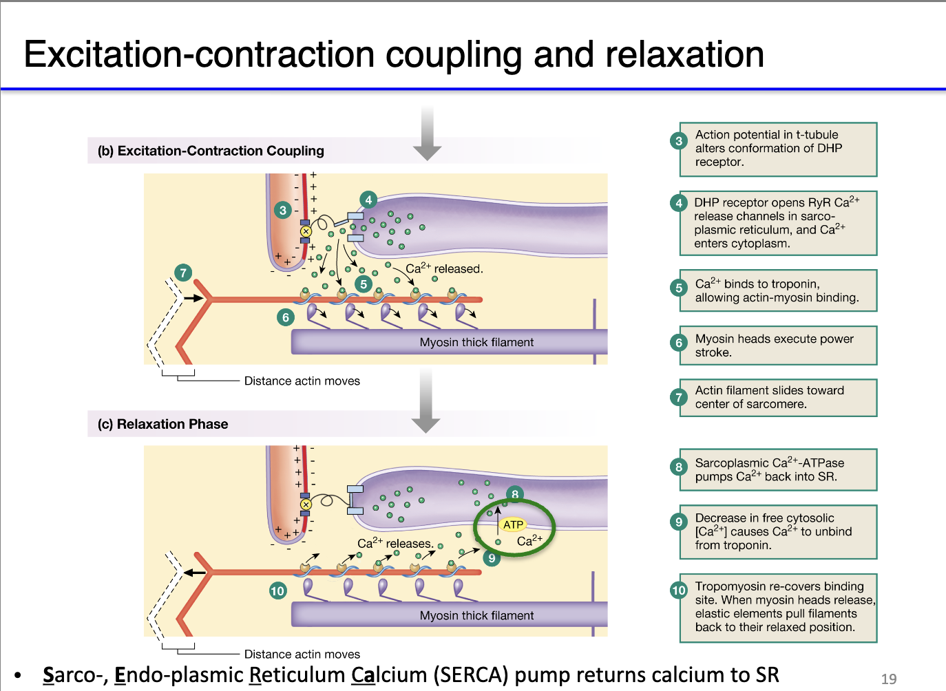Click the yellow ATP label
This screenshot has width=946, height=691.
tap(513, 524)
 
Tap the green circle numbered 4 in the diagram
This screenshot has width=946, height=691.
tap(368, 200)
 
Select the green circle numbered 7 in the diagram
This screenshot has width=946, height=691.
tap(183, 273)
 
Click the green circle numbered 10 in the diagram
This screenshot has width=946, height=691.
tap(277, 591)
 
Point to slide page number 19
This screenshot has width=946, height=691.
tap(889, 679)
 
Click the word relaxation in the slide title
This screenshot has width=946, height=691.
tap(684, 55)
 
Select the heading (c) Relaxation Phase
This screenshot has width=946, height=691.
tap(163, 424)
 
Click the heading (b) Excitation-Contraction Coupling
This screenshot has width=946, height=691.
tap(211, 151)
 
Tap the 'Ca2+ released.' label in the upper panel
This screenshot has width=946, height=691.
tap(444, 268)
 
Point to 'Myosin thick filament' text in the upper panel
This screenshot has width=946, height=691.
tap(476, 342)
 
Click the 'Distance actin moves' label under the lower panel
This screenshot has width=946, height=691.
tap(302, 654)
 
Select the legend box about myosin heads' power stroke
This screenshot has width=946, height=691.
tap(778, 345)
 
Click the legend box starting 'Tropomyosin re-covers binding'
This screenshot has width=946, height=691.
tap(778, 607)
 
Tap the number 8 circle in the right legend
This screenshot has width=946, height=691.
tap(679, 467)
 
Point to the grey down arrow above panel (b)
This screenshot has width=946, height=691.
tap(427, 134)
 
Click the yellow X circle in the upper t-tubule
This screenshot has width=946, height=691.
tap(306, 231)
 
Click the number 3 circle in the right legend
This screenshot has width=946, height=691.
tap(679, 141)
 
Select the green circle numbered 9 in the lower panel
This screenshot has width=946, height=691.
tap(492, 558)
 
